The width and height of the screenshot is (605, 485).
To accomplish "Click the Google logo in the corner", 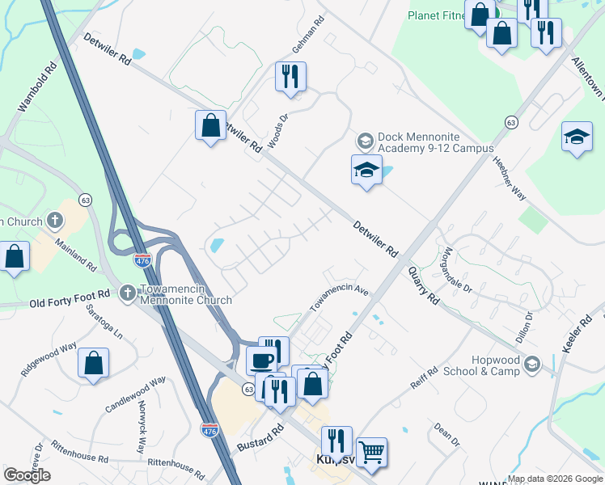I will (27, 475).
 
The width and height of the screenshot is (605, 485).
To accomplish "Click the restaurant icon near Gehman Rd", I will (290, 76).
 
